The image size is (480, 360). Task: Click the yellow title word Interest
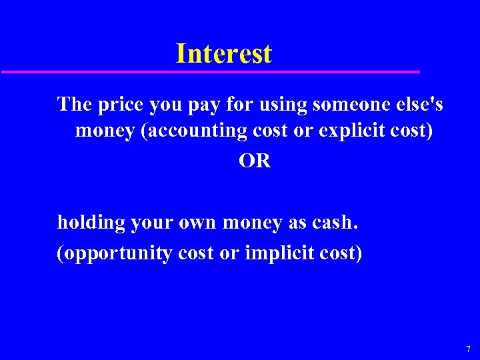pyautogui.click(x=224, y=53)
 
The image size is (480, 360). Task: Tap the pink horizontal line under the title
pyautogui.click(x=211, y=71)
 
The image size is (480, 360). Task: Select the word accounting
pyautogui.click(x=197, y=131)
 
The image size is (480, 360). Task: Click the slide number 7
pyautogui.click(x=468, y=349)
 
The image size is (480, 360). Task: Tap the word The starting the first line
pyautogui.click(x=75, y=104)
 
